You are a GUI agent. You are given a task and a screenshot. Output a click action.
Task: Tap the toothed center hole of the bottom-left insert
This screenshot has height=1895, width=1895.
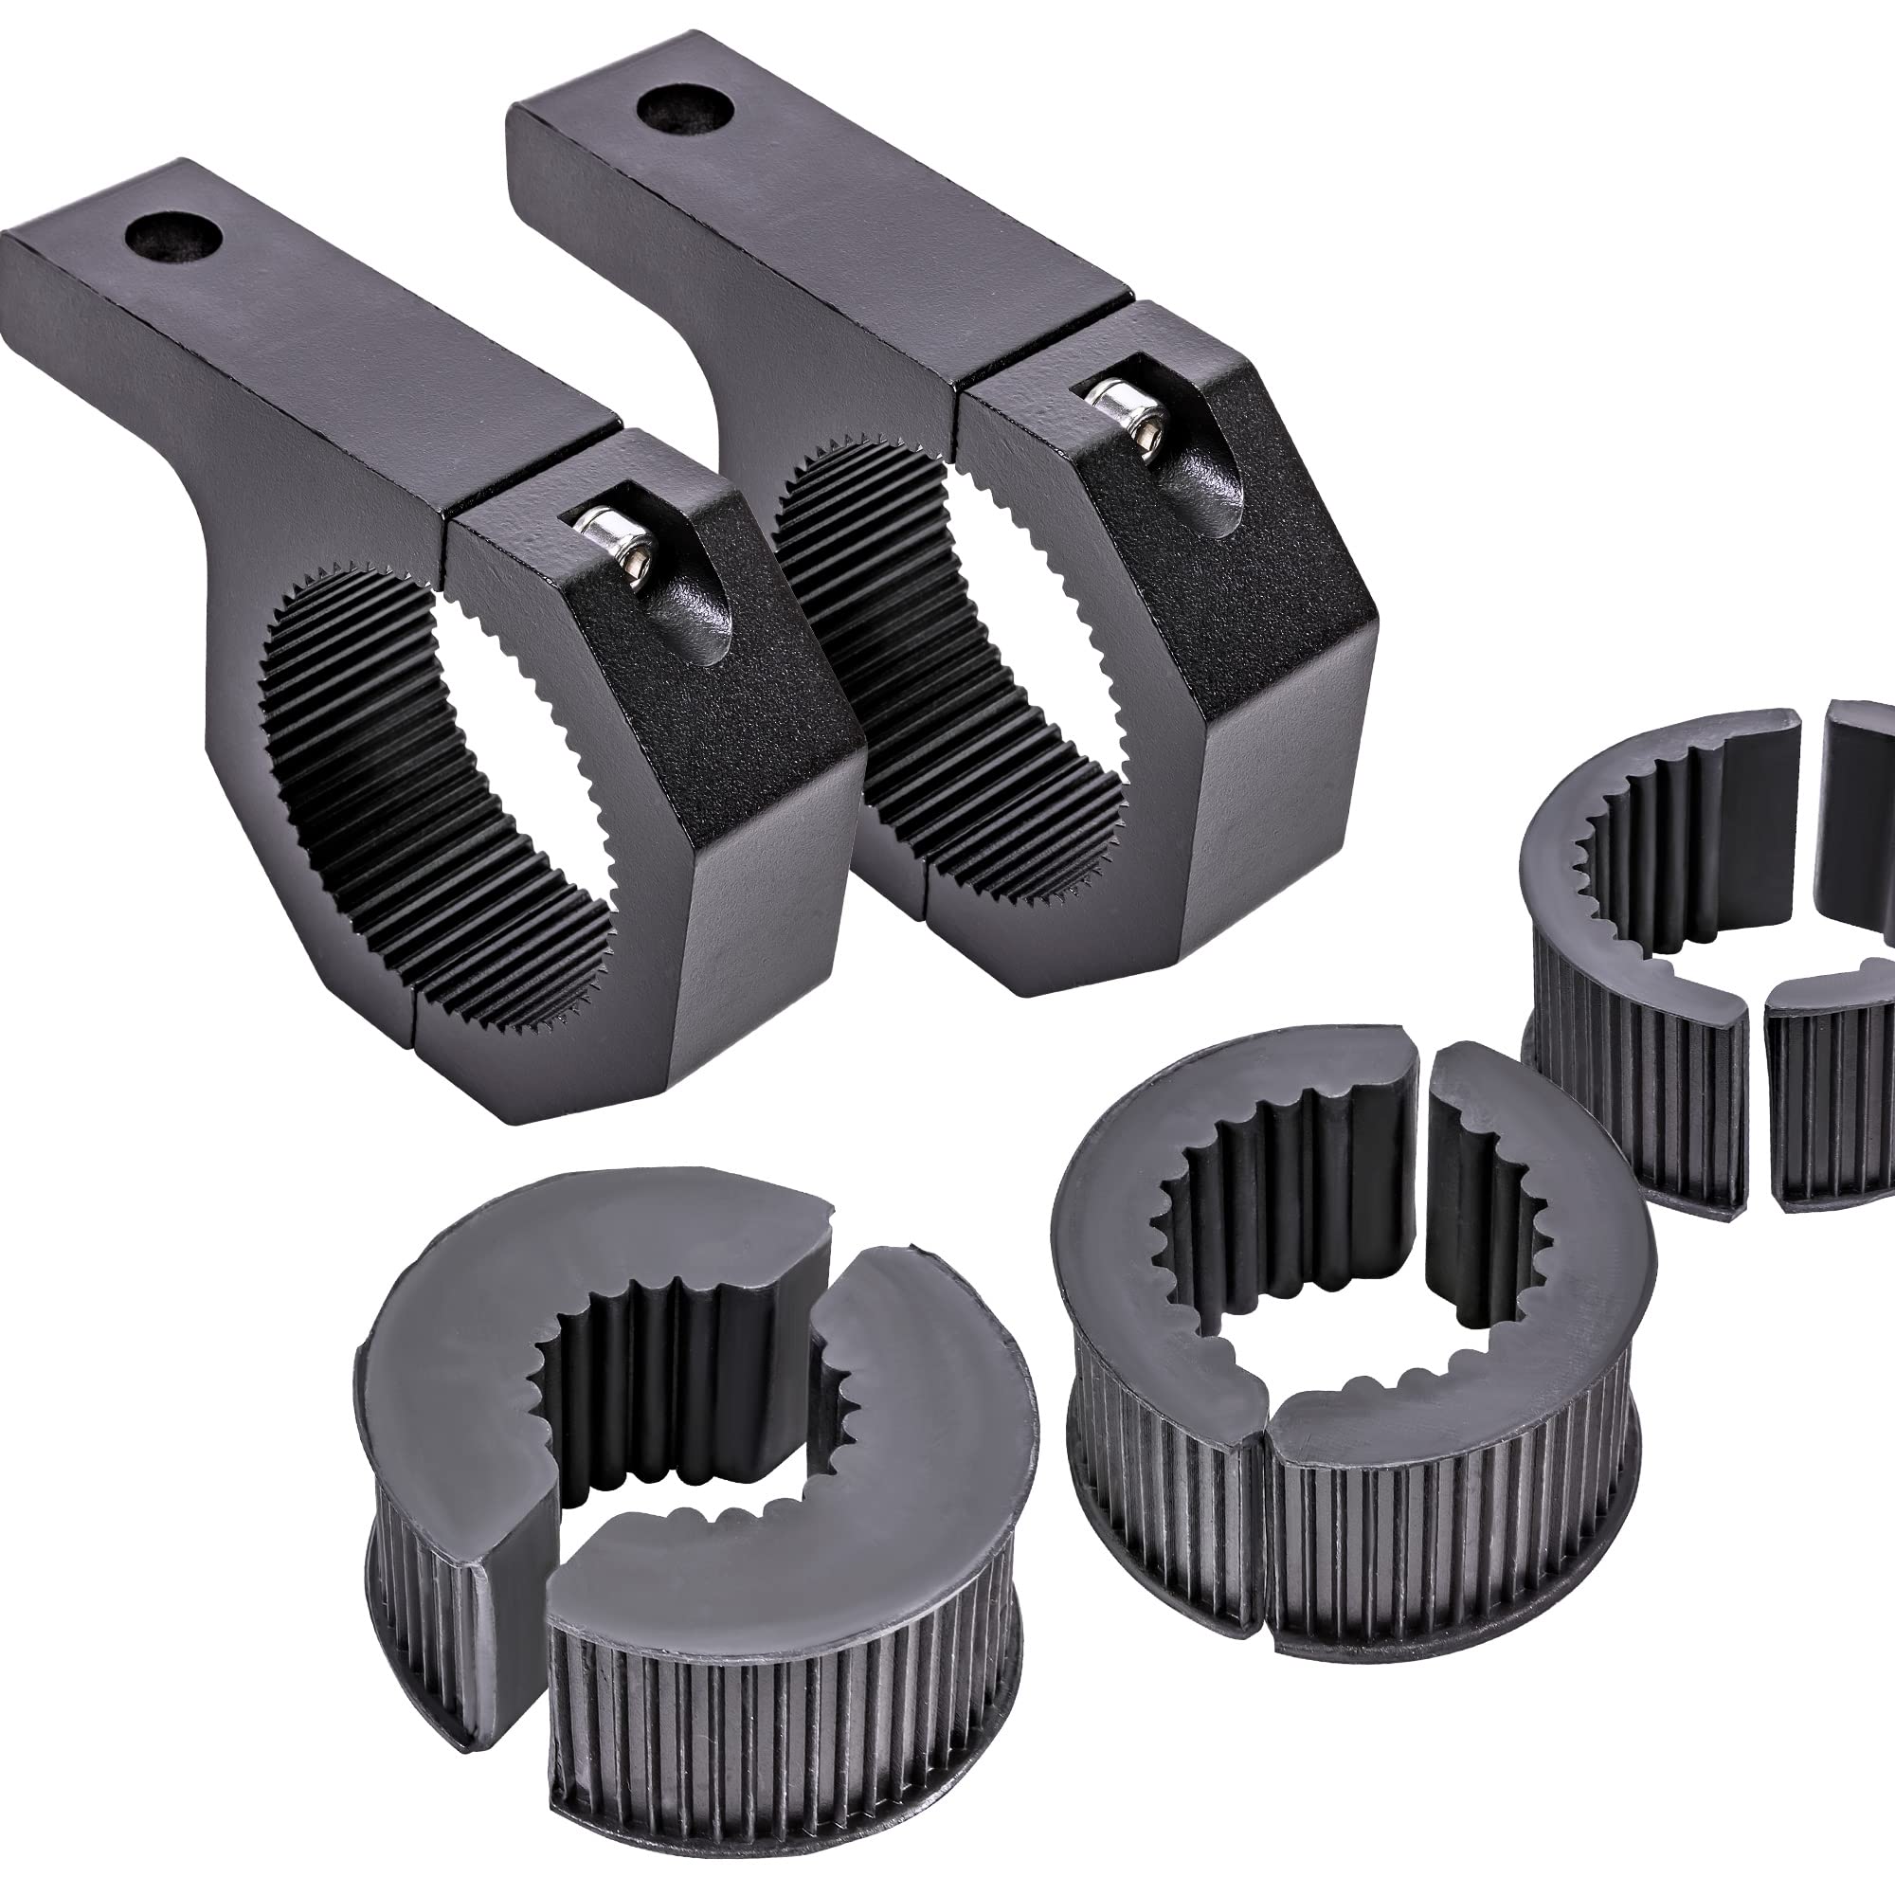tap(687, 1413)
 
